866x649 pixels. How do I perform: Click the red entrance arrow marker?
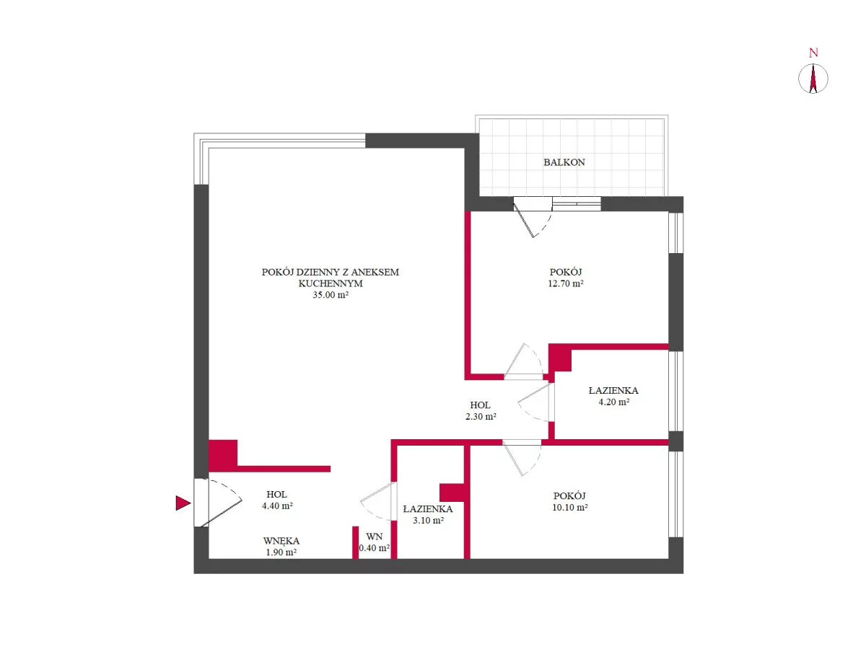183,503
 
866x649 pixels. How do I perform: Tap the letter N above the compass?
813,53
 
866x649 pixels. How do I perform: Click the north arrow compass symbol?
813,79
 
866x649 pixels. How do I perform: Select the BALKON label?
564,162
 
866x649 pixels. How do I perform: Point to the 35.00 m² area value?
331,295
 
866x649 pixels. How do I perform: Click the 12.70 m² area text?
565,283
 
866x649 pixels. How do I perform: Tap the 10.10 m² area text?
569,508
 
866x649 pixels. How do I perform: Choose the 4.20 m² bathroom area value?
613,402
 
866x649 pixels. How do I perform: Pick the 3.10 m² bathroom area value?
428,520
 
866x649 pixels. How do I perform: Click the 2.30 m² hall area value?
481,417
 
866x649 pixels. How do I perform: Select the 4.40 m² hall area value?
277,505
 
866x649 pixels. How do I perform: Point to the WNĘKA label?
281,541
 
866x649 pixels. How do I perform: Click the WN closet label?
374,537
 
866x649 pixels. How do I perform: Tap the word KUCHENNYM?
331,283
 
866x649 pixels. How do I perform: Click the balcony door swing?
533,218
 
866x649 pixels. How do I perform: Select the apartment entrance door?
218,503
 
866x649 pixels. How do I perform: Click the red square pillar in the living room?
222,455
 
